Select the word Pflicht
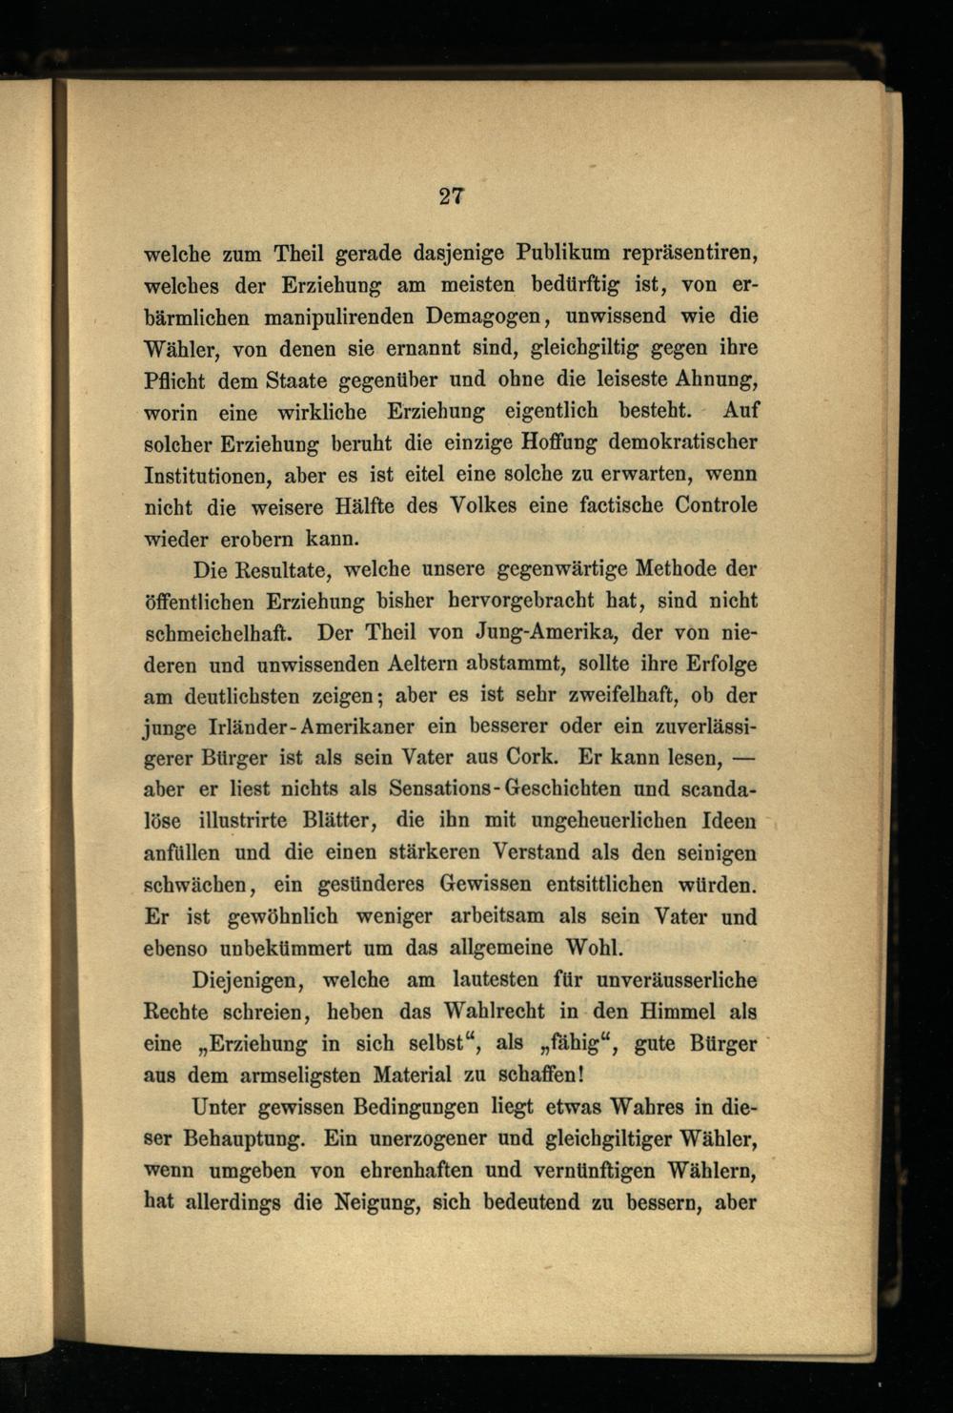tap(174, 379)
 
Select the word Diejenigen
tap(248, 979)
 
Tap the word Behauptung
tap(243, 1138)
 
